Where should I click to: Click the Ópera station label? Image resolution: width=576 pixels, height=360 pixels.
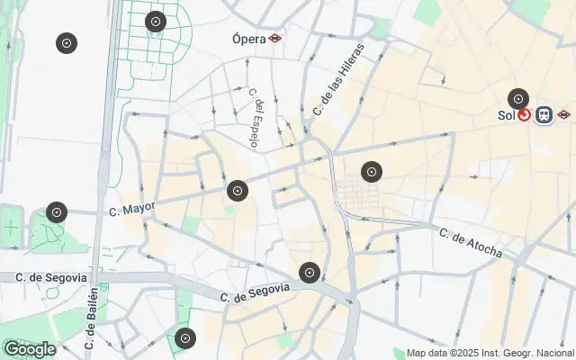[248, 39]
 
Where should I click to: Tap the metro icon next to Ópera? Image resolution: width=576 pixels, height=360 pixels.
[274, 39]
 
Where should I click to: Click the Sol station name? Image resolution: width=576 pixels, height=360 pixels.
[506, 115]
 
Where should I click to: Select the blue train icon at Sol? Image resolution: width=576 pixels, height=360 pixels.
[544, 115]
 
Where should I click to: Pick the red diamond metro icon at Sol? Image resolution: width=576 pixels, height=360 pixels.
[563, 115]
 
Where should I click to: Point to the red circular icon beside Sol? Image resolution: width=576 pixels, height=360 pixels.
[524, 115]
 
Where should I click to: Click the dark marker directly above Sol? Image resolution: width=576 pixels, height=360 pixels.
[517, 99]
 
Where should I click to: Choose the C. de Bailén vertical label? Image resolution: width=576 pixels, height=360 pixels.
[91, 317]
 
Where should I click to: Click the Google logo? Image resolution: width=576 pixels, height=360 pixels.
[29, 349]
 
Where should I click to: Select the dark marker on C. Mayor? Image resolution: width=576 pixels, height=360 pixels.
[238, 190]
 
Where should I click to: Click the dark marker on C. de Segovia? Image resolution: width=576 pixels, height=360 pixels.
[310, 272]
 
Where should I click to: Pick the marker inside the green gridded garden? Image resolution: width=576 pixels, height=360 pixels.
[156, 22]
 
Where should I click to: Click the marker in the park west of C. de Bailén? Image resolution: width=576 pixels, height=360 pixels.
[57, 211]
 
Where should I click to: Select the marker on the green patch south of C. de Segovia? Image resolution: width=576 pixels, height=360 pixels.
[184, 338]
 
